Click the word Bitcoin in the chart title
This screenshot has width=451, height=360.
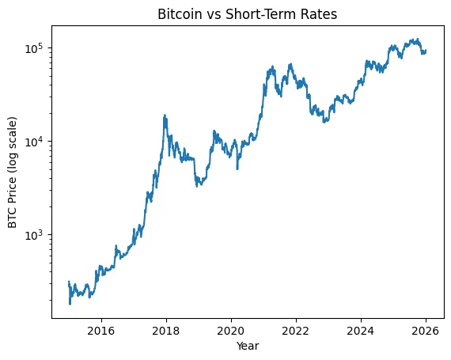pyautogui.click(x=179, y=14)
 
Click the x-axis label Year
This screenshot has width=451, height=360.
pyautogui.click(x=247, y=346)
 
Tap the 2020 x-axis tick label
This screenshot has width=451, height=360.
pyautogui.click(x=230, y=330)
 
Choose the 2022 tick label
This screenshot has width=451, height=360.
pyautogui.click(x=295, y=330)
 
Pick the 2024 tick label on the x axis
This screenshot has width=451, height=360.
pyautogui.click(x=360, y=330)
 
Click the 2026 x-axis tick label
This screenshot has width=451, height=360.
pyautogui.click(x=425, y=330)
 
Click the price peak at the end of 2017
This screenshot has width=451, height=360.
pyautogui.click(x=165, y=116)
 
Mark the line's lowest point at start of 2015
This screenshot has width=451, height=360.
pyautogui.click(x=70, y=304)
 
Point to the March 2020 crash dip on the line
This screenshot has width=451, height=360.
pyautogui.click(x=237, y=168)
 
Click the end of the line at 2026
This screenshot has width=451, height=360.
pyautogui.click(x=426, y=51)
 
